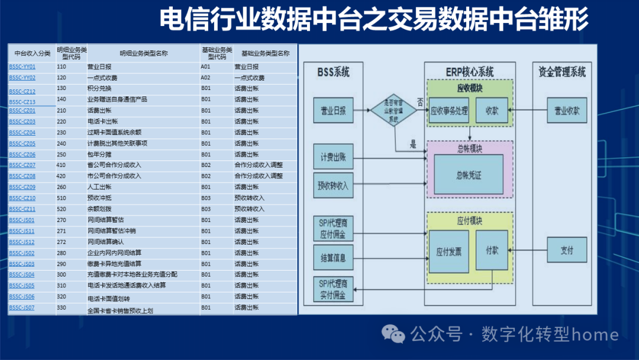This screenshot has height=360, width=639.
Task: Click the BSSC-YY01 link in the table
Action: (x=22, y=67)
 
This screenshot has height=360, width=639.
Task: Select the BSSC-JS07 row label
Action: (x=22, y=308)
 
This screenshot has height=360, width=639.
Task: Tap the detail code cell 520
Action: (x=62, y=209)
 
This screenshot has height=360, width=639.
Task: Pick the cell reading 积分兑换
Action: (x=99, y=89)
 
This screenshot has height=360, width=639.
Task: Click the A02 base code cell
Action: (x=205, y=78)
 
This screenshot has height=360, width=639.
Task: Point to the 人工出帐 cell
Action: (x=99, y=187)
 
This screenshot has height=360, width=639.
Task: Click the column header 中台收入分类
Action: (x=32, y=53)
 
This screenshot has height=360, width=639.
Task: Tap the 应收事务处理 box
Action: (x=449, y=111)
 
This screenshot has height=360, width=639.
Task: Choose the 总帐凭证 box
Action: (x=469, y=175)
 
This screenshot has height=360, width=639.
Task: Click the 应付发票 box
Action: (x=448, y=251)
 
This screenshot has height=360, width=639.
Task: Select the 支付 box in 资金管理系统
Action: (x=567, y=250)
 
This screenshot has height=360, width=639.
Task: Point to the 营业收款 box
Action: (x=567, y=111)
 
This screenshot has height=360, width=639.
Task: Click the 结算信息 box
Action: (x=333, y=258)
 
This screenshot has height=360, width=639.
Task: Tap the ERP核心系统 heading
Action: (x=469, y=73)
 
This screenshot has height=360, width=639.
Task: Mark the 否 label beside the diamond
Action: (x=419, y=102)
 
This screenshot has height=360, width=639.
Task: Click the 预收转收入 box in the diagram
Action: (x=333, y=185)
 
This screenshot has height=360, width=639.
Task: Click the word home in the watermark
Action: (x=596, y=335)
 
